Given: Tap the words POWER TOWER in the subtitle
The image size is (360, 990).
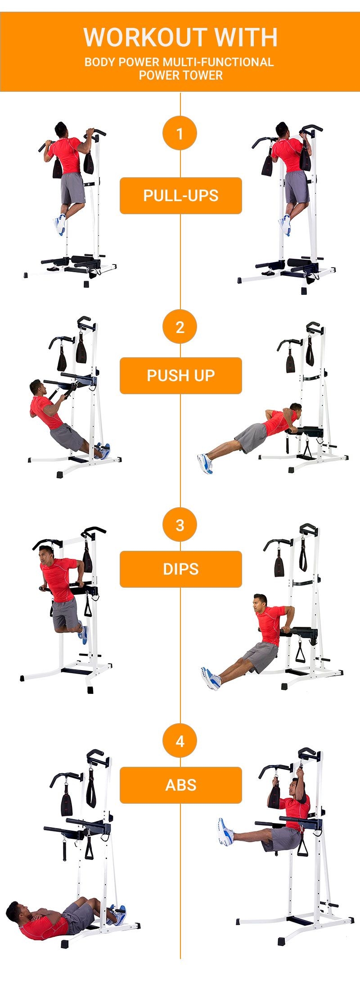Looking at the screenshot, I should coord(180,75).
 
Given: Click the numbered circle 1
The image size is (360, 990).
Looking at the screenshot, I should coord(180,134).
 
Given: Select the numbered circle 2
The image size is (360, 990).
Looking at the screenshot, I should coord(180,327).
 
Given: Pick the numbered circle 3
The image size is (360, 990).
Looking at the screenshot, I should coord(180,525).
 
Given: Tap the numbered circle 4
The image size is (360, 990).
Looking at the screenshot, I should coord(180,741).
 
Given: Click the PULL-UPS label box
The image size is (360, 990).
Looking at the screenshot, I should coord(180,196).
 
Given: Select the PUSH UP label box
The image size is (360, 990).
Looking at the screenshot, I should coord(180,376).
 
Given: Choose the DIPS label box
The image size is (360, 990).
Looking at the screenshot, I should coord(180,569).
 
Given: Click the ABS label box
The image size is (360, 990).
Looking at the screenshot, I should coord(180,785).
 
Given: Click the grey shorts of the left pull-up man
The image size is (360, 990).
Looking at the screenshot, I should coord(72,188).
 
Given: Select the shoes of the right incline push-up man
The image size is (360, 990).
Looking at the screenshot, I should coord(205,463).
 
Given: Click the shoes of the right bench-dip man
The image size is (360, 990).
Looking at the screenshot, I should coord(211,678).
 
